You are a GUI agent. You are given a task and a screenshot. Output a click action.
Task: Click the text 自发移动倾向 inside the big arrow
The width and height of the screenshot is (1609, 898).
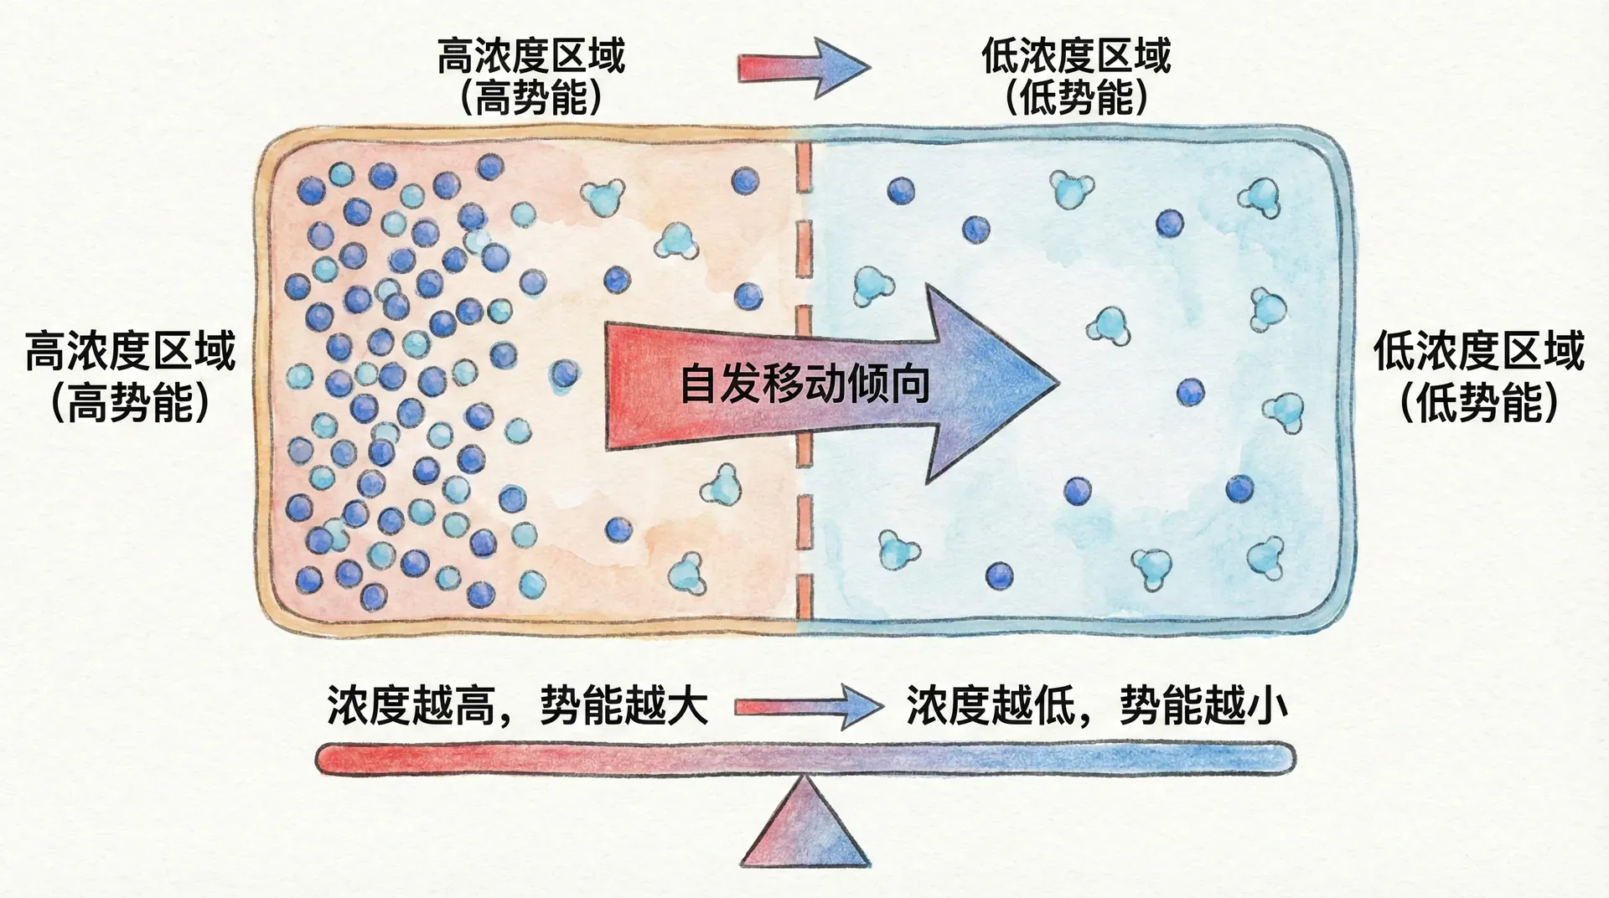804,384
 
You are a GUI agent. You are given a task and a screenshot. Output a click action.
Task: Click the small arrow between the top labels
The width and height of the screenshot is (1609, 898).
804,67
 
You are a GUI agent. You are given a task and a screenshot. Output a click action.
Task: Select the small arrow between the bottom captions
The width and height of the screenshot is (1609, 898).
808,708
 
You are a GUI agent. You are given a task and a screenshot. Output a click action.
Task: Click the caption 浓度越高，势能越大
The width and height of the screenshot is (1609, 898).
518,706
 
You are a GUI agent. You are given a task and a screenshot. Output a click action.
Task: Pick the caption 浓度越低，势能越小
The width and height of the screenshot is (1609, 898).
1096,706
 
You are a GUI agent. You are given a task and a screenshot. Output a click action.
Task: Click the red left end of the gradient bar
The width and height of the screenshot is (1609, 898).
335,759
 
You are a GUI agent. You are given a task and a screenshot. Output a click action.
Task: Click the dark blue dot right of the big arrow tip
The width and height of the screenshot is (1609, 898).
1190,392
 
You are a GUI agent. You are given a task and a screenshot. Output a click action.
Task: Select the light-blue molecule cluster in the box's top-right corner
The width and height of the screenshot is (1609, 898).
1259,199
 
